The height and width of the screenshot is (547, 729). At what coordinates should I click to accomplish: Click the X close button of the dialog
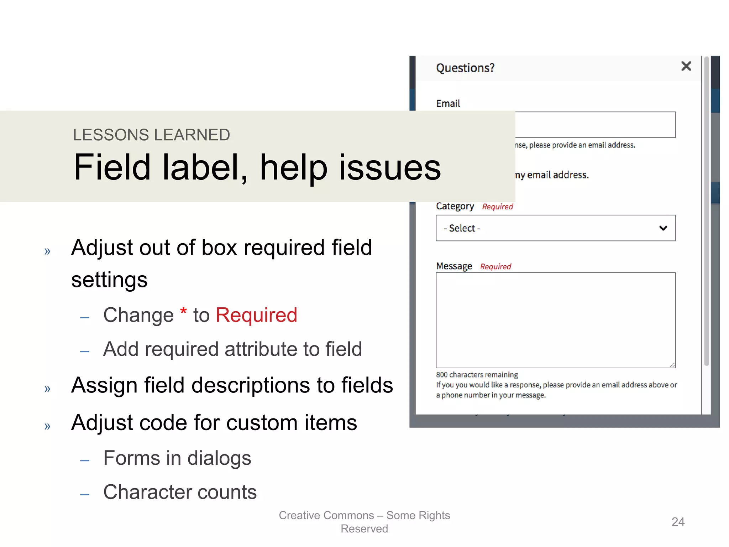pos(686,66)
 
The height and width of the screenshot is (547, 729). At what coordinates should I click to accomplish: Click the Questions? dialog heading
pos(465,68)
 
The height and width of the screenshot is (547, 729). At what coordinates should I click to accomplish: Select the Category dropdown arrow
pos(663,228)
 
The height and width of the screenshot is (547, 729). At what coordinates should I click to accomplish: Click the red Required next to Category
pos(497,207)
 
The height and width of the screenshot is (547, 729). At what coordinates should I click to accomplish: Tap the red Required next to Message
pos(495,266)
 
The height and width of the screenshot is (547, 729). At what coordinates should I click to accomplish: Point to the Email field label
pos(448,103)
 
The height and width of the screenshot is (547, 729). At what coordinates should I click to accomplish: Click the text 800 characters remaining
pos(477,375)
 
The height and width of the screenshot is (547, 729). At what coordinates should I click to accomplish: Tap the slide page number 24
pos(678,522)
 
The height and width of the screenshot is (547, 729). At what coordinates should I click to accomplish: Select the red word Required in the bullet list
pos(256,315)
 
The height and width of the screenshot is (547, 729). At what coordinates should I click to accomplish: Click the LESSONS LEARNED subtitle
pos(151,135)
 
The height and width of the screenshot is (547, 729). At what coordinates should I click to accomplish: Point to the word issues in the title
pos(390,167)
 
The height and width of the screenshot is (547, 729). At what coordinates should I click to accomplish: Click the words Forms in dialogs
pos(177,458)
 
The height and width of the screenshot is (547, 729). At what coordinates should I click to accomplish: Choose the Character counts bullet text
pos(180,492)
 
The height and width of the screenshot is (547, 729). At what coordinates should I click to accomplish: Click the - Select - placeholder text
pos(462,228)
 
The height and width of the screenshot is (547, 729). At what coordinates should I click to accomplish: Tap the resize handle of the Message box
pos(672,365)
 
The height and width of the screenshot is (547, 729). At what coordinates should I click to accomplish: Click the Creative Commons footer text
pos(364,522)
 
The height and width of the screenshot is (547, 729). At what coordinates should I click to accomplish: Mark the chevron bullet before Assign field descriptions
pos(47,389)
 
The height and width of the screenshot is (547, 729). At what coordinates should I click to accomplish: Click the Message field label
pos(454,266)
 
